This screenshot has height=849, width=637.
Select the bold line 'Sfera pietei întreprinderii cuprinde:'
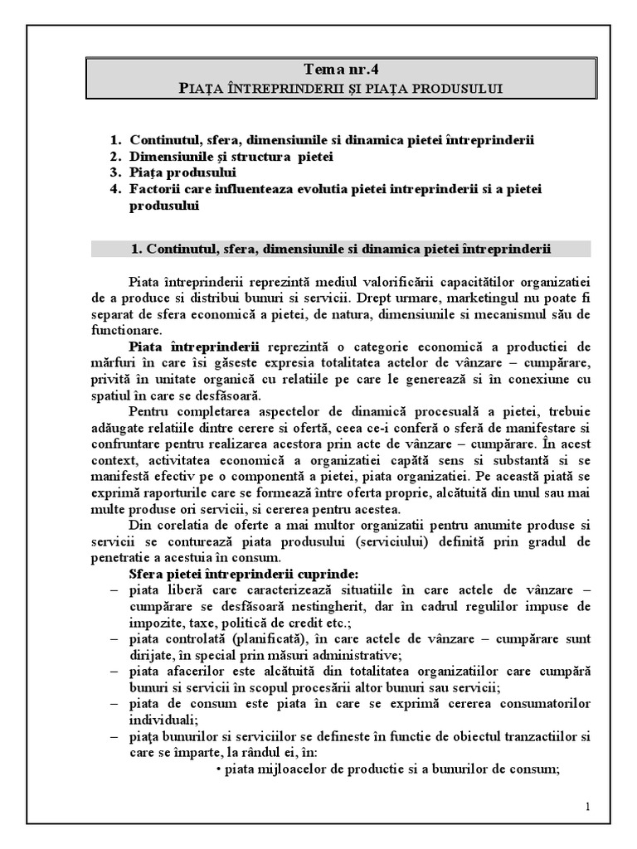pos(245,573)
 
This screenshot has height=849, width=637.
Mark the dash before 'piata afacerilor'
pos(114,671)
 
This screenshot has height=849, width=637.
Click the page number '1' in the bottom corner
pos(587,807)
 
